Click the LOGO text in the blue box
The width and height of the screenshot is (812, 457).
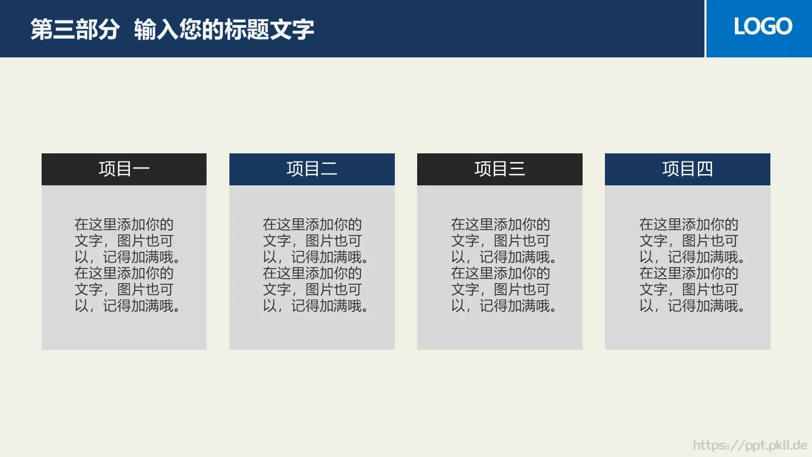[x=763, y=26]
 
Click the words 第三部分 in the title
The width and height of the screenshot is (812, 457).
[x=75, y=29]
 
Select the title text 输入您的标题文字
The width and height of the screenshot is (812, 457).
[x=224, y=29]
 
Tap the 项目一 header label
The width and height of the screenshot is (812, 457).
[x=124, y=169]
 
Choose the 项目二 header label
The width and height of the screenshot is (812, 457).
[x=312, y=169]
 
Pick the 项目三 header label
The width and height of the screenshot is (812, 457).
[x=499, y=169]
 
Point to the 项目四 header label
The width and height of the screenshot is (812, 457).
[x=687, y=169]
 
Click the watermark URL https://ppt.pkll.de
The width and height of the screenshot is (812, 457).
[x=750, y=445]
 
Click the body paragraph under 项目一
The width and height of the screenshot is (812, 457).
[x=127, y=265]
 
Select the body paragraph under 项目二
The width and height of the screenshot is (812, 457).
[x=315, y=265]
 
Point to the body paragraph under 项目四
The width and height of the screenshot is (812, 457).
[x=692, y=265]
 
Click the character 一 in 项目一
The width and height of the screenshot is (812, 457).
[x=141, y=169]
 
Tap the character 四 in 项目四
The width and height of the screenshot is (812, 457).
[x=704, y=169]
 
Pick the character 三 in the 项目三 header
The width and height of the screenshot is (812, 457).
[x=517, y=169]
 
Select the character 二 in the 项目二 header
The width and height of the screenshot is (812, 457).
[x=329, y=169]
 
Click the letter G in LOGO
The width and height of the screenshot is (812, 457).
[x=771, y=26]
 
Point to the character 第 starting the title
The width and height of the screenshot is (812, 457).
[x=41, y=29]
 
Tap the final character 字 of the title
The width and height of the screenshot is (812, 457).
[x=303, y=29]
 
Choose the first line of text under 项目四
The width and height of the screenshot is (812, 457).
[x=689, y=224]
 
